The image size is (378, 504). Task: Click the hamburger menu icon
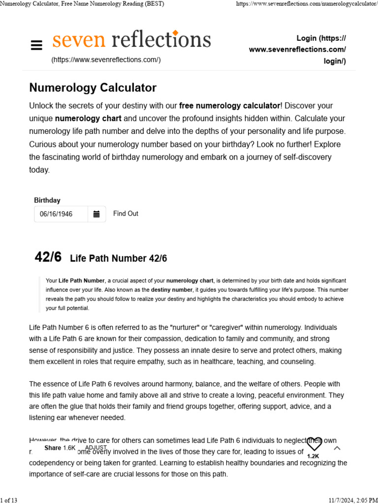tap(36, 45)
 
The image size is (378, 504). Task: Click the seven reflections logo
tap(131, 40)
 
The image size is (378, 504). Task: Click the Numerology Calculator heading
tap(93, 88)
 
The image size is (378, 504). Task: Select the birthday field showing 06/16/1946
tap(61, 214)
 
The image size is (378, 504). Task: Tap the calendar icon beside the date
tap(96, 214)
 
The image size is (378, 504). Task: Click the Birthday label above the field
tap(47, 200)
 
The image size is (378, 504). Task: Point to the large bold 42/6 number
tap(48, 257)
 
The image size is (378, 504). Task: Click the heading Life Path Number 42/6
tap(119, 258)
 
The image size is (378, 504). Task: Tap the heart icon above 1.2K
tap(314, 444)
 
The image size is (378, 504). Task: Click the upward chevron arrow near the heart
tap(337, 448)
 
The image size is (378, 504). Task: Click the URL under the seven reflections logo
tap(106, 60)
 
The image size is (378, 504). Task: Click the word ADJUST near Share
tap(95, 447)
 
